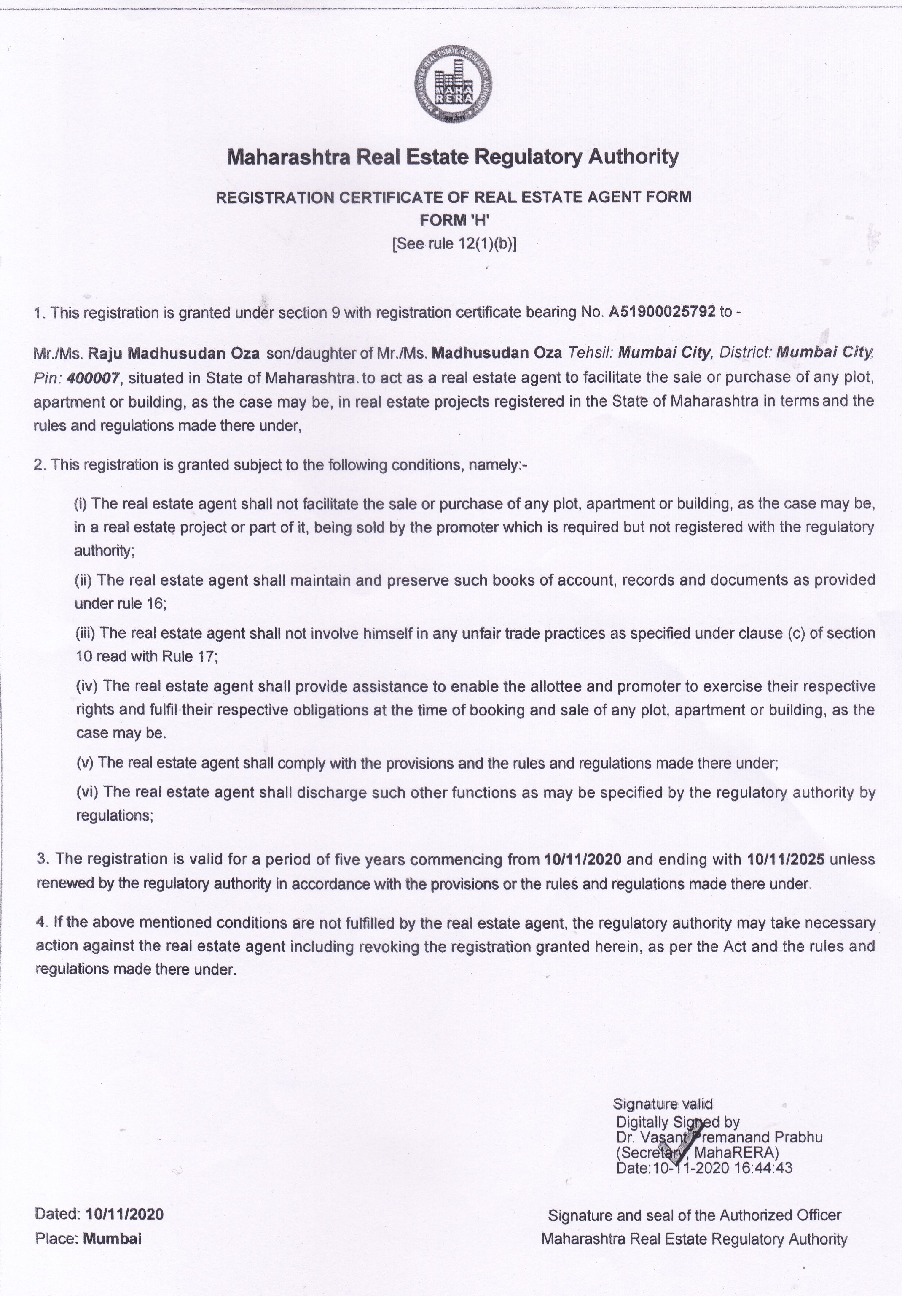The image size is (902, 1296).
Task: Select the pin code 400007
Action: coord(93,378)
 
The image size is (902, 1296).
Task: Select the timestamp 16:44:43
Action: coord(764,1168)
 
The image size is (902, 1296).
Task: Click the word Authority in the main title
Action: coord(634,157)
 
